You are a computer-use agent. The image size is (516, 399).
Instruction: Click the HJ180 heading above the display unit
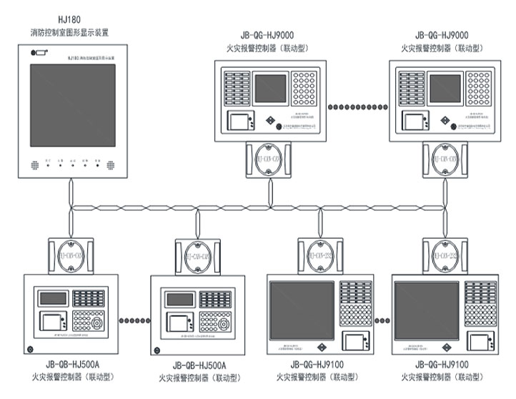(x=70, y=21)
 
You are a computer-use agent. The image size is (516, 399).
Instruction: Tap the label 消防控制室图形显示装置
(x=70, y=33)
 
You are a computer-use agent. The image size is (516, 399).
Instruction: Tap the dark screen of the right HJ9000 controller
(x=444, y=88)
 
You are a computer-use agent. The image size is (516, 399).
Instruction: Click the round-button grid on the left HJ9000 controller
(x=303, y=88)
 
